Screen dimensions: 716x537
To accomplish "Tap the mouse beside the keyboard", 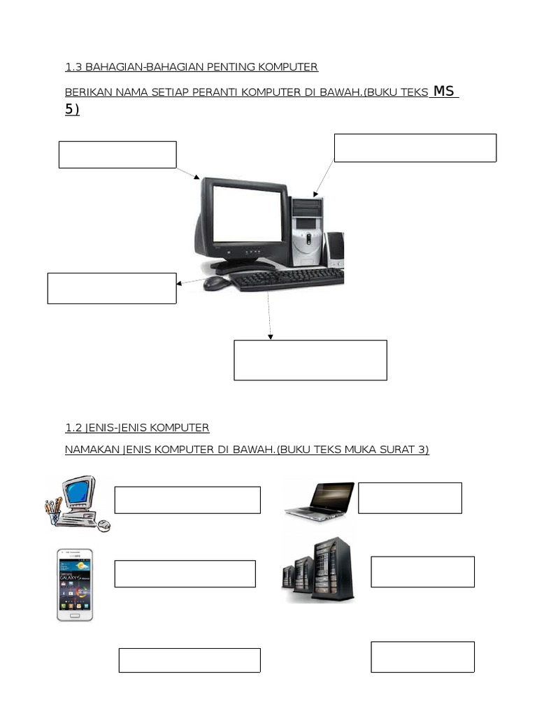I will (216, 283).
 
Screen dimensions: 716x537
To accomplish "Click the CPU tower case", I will (308, 231).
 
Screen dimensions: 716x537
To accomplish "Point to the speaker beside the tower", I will (335, 250).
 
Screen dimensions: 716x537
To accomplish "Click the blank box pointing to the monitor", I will (117, 155).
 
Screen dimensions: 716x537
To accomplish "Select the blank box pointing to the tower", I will (415, 148).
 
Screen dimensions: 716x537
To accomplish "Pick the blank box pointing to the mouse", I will (112, 288).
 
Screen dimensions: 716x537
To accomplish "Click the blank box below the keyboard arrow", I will (310, 360).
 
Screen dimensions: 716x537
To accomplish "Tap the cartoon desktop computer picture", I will (76, 503).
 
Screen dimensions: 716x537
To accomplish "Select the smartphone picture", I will (75, 585).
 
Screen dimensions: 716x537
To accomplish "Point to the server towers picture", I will (319, 570).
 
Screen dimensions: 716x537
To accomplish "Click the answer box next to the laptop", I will (410, 498).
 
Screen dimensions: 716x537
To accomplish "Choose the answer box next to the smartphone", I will (185, 573).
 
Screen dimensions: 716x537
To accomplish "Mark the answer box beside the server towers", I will (422, 572).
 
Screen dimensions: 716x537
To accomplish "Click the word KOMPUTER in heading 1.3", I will (288, 67).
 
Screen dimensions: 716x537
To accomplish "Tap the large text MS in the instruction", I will (445, 91).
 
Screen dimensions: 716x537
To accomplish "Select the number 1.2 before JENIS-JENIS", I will (74, 427).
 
